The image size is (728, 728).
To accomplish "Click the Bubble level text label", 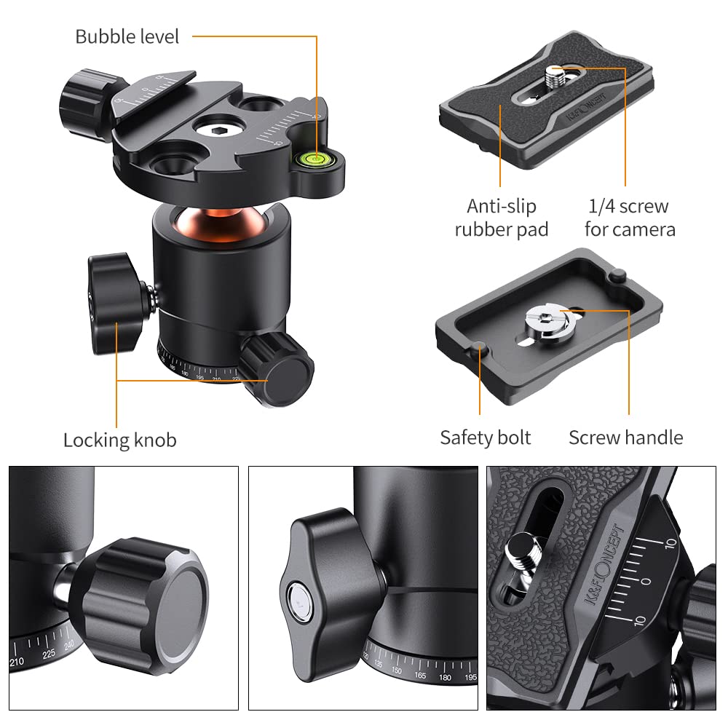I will [127, 36].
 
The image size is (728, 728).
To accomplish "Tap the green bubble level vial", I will [318, 154].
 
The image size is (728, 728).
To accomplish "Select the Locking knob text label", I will [119, 440].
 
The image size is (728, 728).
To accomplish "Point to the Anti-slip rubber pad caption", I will [501, 218].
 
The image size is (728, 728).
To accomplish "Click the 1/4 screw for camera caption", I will [630, 218].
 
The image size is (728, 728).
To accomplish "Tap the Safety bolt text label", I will [485, 438].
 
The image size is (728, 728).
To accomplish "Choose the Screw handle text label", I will [625, 438].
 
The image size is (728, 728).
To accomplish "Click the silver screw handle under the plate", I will [548, 318].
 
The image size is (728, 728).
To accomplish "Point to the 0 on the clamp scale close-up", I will [645, 582].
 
